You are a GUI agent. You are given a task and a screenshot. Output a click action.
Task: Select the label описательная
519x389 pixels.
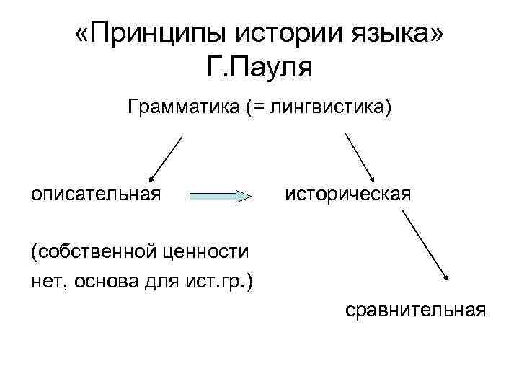(95, 194)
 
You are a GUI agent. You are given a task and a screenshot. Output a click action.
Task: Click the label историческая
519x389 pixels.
(348, 194)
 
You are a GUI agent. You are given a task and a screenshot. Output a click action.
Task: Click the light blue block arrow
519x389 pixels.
(221, 196)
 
